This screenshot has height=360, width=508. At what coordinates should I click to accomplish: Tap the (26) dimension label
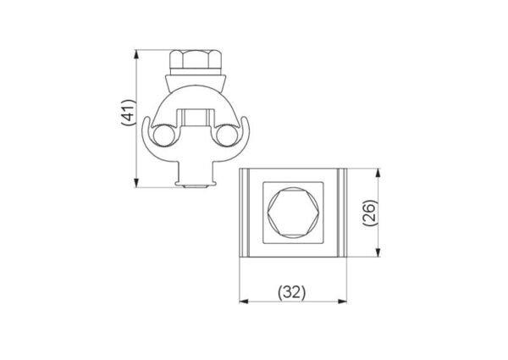click(370, 213)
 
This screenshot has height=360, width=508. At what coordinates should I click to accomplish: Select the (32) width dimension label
click(292, 292)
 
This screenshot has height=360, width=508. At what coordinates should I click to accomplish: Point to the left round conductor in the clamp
click(163, 136)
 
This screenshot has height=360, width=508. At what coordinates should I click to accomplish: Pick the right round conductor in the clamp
click(226, 136)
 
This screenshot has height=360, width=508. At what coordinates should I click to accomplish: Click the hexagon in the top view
click(292, 213)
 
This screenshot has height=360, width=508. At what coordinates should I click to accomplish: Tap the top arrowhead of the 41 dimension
click(136, 54)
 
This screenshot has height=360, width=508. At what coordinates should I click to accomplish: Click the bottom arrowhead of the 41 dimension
click(136, 183)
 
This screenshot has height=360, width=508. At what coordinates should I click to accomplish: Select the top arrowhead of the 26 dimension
click(378, 173)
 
